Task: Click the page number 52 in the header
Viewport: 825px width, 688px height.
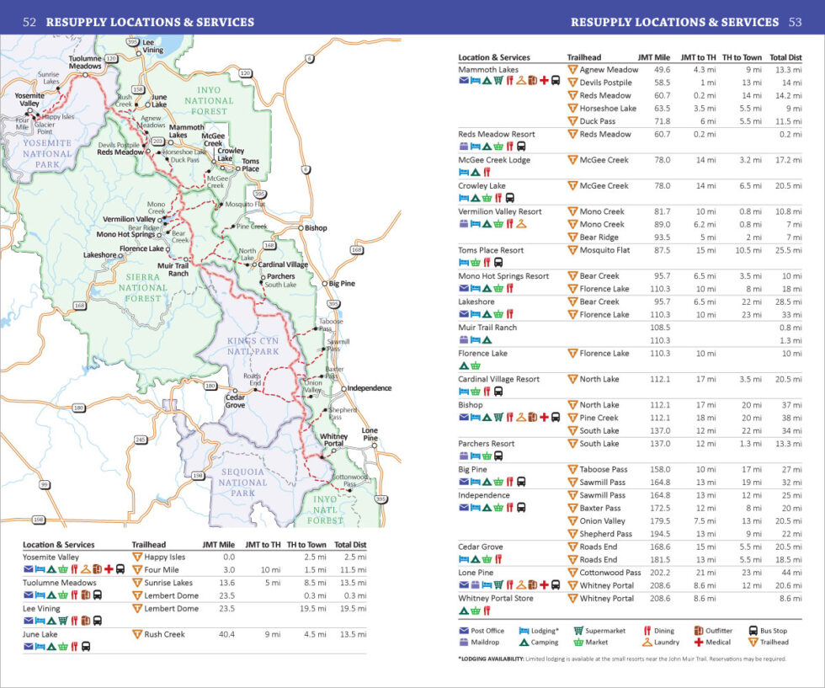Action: coord(29,22)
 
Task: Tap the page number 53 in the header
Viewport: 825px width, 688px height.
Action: coord(796,22)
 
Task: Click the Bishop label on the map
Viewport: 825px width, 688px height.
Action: coord(316,227)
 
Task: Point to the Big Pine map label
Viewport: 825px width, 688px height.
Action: coord(342,284)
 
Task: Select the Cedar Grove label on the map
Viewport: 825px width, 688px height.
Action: coord(235,400)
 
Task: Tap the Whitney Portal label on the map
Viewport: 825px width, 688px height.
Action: coord(334,441)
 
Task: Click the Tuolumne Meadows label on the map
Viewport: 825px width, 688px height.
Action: coord(85,61)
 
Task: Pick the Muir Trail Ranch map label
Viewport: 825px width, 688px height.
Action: coord(178,269)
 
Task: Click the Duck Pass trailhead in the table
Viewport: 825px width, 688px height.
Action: coord(597,121)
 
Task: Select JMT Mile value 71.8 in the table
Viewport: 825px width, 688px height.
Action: coord(662,121)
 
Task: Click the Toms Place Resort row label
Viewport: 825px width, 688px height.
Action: coord(491,250)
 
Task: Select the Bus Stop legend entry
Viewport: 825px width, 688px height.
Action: coord(767,630)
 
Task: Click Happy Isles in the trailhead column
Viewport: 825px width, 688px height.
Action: coord(164,557)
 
